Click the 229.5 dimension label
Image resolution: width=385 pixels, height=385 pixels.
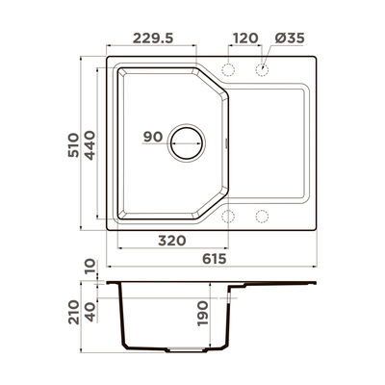point(153,38)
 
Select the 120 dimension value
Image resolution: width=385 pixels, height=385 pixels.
point(245,38)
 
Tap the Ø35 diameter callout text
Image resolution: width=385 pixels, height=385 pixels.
point(290,38)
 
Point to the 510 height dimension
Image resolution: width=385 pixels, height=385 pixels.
point(73,144)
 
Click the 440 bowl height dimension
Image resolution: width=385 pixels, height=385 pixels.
point(90,145)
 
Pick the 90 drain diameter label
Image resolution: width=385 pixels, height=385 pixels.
point(153,137)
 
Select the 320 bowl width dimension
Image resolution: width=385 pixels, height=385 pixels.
point(172,241)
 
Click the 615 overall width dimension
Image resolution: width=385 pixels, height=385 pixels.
point(215,259)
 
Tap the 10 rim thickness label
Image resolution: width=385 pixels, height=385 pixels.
point(90,266)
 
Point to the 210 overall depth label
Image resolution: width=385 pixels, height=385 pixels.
point(73,312)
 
